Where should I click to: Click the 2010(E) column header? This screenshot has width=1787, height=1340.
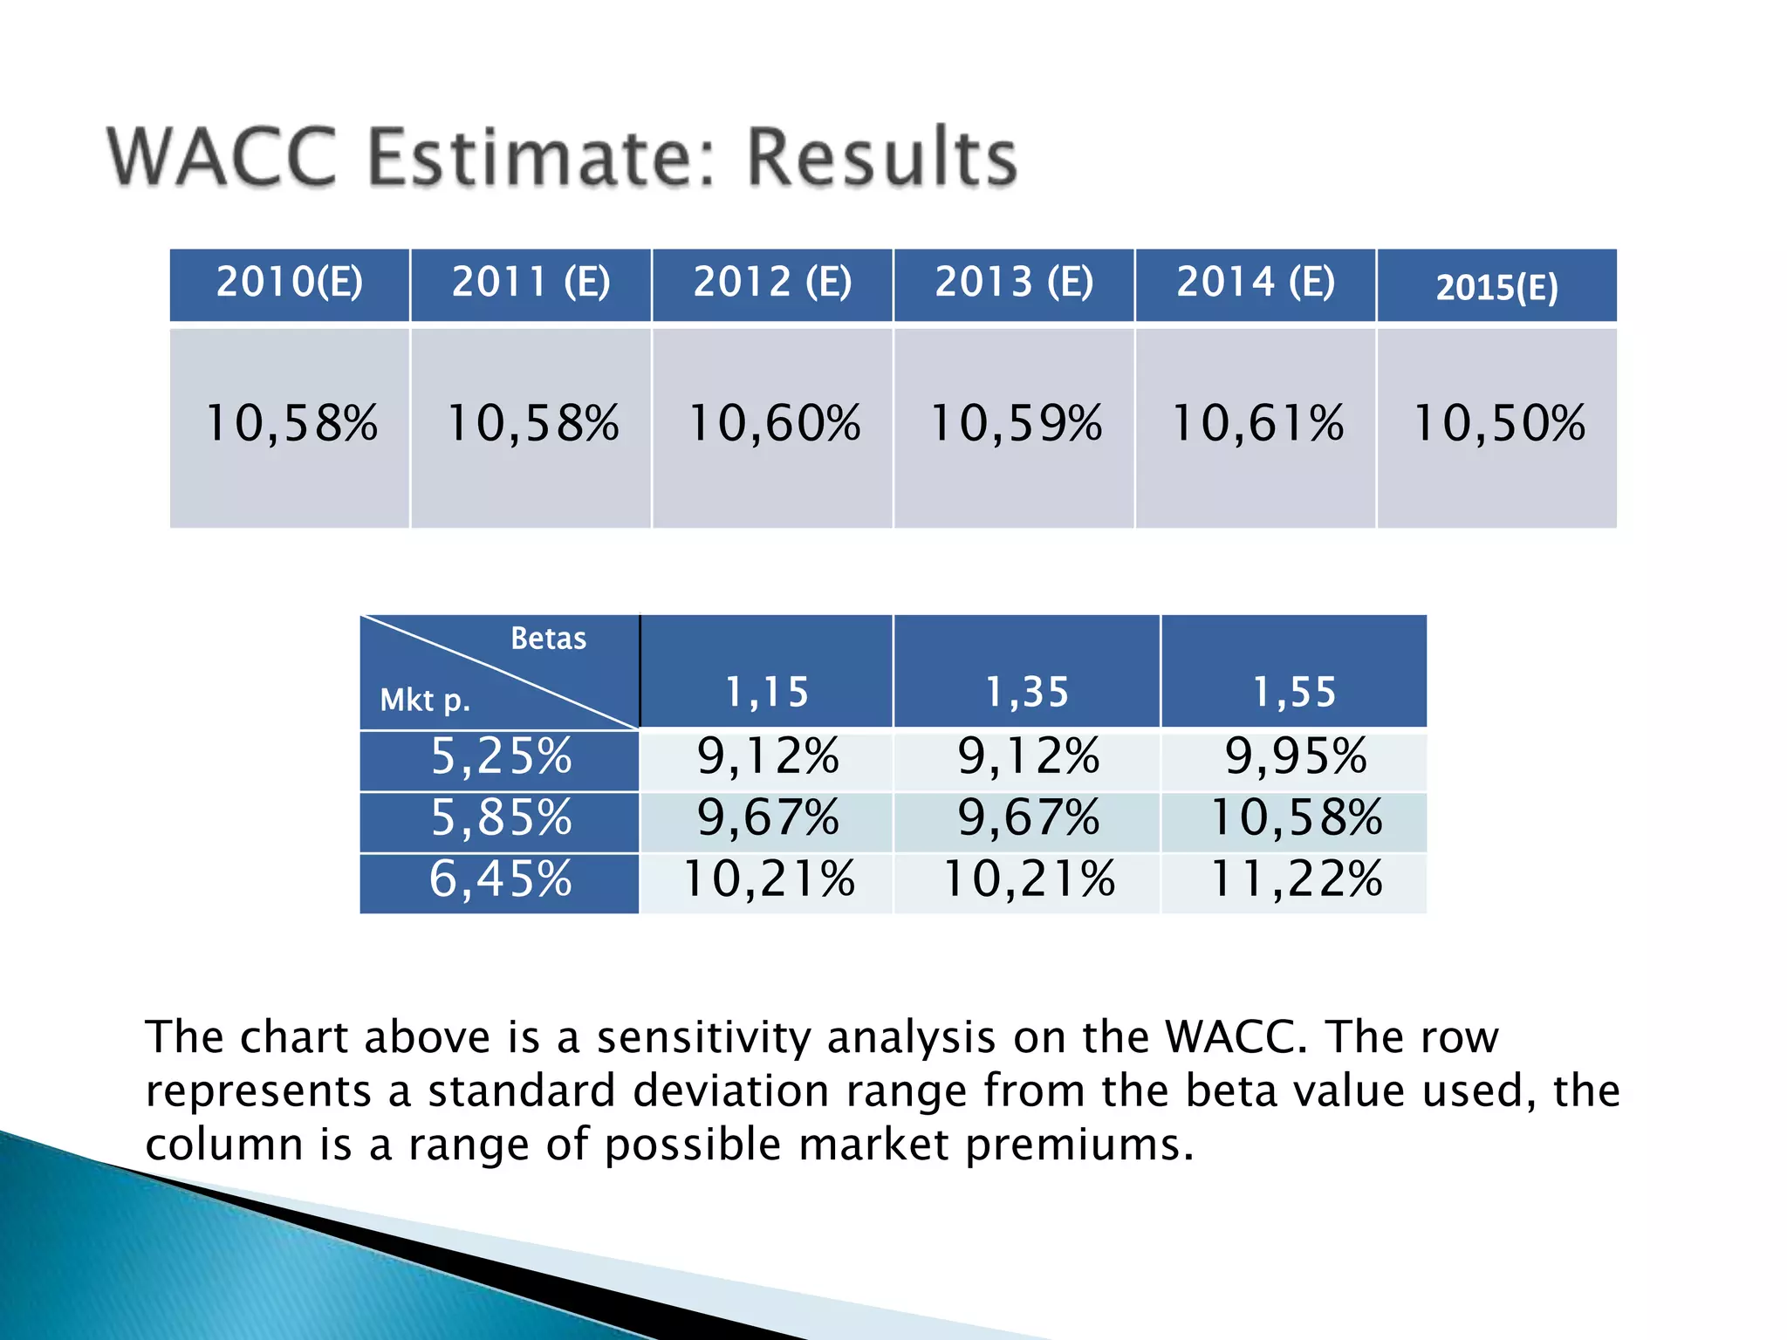coord(289,283)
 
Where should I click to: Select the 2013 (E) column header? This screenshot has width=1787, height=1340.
coord(1014,283)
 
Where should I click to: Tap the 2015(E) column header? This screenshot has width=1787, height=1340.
coord(1496,287)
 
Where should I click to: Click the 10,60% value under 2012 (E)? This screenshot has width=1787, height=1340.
coord(774,424)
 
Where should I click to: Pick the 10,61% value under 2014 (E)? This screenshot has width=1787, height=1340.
coord(1256,424)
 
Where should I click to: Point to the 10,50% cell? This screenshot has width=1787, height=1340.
coord(1497,424)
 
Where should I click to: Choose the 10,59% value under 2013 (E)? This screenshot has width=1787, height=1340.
coord(1016,424)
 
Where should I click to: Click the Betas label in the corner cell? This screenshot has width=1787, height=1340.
coord(548,639)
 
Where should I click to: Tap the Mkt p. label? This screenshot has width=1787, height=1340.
coord(425,700)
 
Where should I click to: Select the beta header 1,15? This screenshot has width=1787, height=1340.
coord(767,693)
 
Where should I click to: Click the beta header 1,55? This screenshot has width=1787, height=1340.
coord(1294,693)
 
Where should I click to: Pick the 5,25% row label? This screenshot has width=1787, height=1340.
coord(501,756)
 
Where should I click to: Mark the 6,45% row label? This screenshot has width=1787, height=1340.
coord(500,879)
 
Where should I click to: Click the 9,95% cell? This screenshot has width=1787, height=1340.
coord(1295,756)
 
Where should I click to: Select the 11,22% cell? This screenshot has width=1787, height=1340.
coord(1295,879)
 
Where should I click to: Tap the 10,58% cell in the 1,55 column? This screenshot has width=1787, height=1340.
coord(1295,818)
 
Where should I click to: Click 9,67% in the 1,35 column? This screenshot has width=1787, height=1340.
coord(1028,818)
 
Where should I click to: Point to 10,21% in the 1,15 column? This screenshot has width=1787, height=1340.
coord(768,879)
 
